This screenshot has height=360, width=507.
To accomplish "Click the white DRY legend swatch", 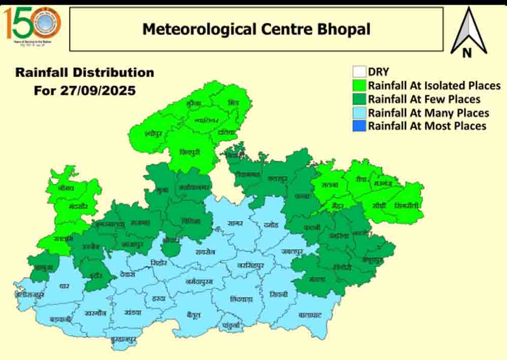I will (359, 73).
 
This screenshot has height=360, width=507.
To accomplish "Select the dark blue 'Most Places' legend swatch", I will (359, 125).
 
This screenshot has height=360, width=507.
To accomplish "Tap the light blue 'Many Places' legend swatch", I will (359, 112).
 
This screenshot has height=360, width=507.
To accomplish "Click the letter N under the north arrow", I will (467, 53).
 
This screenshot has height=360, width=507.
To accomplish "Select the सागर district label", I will (235, 223).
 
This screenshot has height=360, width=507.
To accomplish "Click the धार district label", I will (64, 286).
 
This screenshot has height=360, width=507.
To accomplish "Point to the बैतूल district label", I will (194, 315).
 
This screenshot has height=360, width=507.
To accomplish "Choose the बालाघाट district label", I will (310, 315).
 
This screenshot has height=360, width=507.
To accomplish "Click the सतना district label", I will (330, 186).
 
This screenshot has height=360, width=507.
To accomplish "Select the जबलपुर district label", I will (293, 251).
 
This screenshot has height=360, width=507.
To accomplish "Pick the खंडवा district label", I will (133, 312).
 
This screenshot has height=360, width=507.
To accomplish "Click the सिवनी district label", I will (279, 294).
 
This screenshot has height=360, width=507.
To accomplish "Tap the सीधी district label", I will (378, 205).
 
